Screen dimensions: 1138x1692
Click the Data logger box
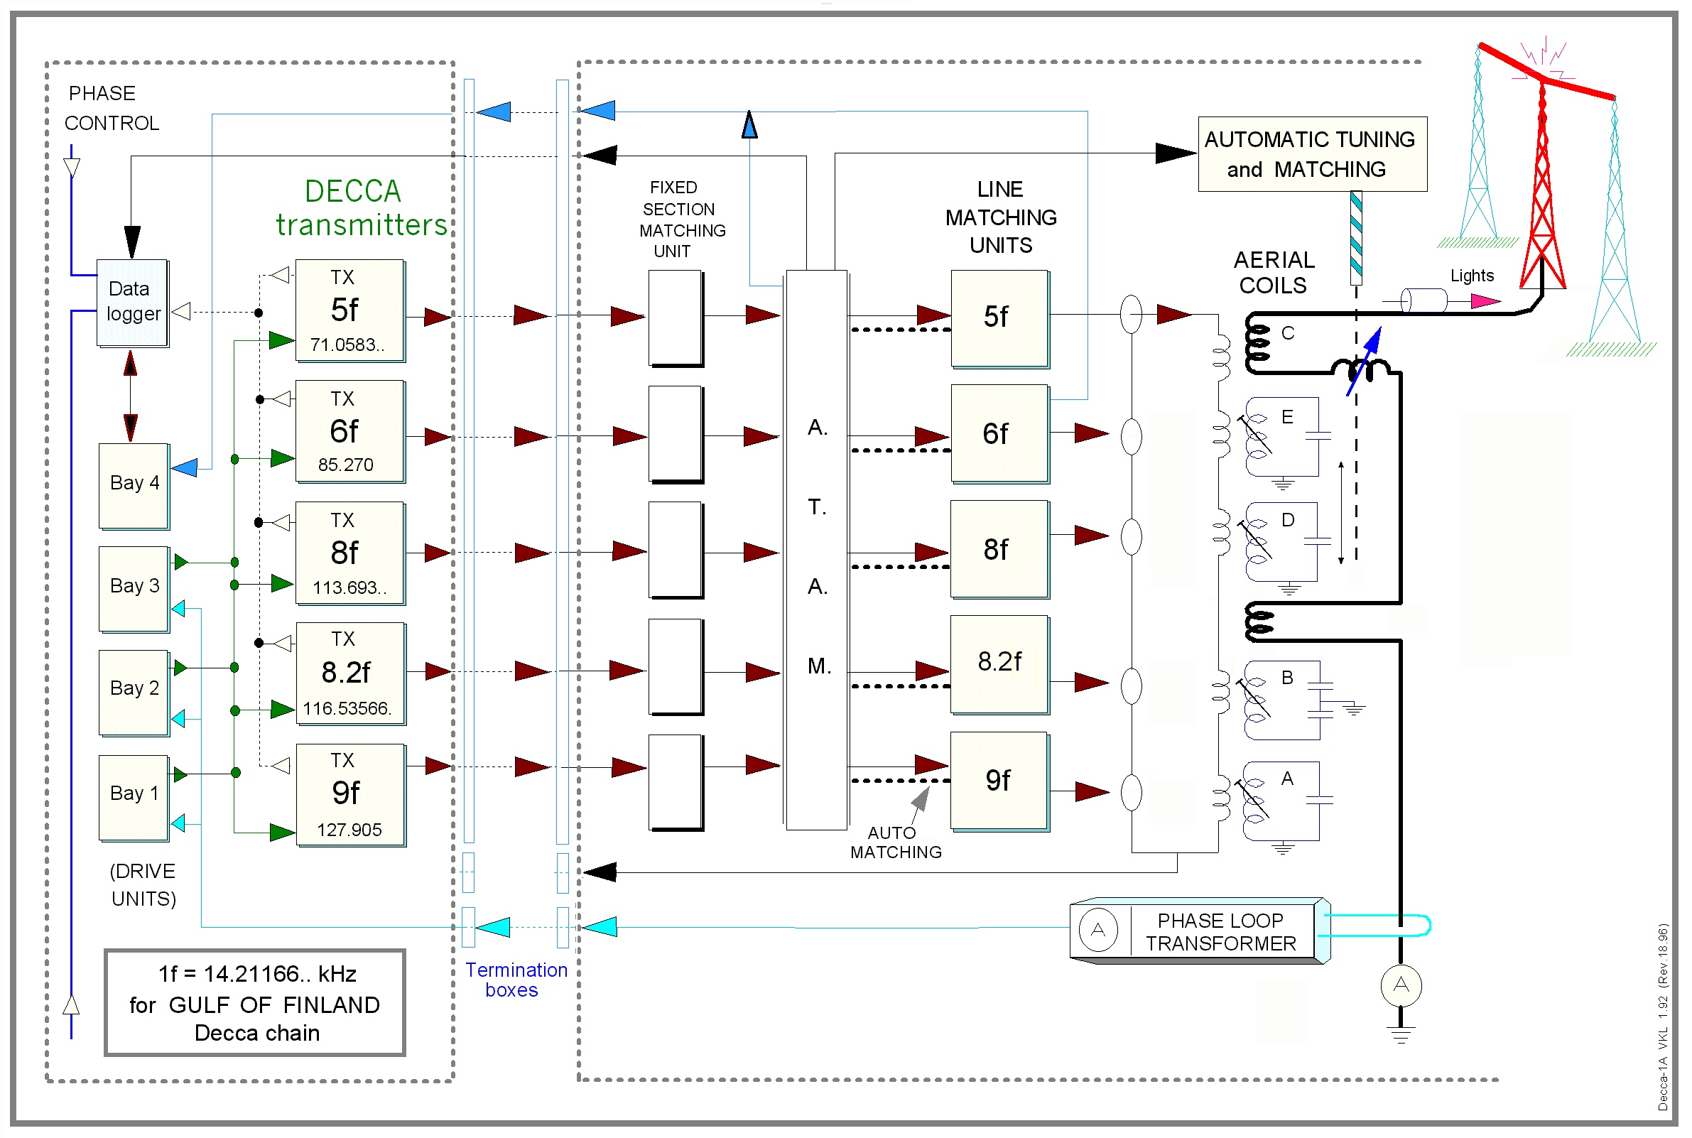click(x=133, y=303)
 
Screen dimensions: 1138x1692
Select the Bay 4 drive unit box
click(x=134, y=484)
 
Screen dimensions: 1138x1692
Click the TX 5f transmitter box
click(x=349, y=310)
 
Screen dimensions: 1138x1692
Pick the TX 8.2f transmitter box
click(x=349, y=673)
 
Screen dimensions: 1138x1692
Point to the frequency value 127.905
click(x=349, y=830)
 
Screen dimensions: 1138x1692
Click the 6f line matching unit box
click(x=999, y=433)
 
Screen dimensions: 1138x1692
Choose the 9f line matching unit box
click(x=999, y=780)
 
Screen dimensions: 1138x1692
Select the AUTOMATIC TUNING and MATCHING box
click(x=1312, y=154)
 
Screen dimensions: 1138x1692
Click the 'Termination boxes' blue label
click(x=515, y=980)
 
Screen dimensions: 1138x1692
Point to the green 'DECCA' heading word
click(x=352, y=192)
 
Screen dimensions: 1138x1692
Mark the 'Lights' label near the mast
click(x=1471, y=276)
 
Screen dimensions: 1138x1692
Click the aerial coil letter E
click(x=1286, y=416)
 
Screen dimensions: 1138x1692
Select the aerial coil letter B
click(x=1286, y=677)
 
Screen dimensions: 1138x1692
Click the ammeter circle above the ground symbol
click(x=1400, y=985)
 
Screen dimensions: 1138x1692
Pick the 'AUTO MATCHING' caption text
click(x=895, y=842)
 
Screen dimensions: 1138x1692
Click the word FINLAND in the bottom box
click(x=331, y=1005)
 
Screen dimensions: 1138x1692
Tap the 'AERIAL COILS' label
click(x=1274, y=272)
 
